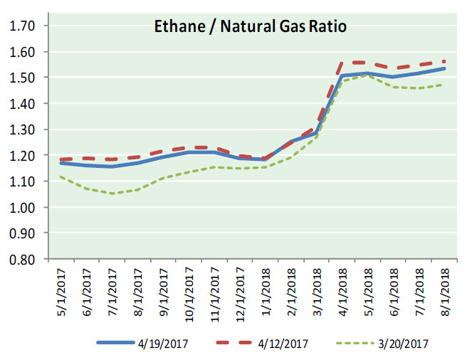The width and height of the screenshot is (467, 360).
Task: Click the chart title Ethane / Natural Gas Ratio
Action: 241,28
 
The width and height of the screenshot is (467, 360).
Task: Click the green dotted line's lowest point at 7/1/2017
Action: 112,194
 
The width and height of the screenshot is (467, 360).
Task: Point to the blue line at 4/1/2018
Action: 342,75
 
